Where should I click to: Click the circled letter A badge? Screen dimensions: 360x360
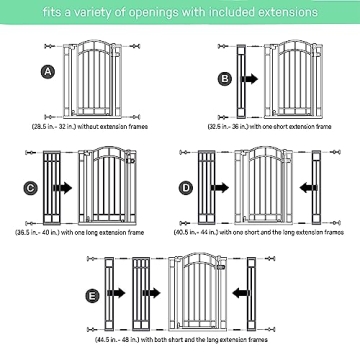coord(47,71)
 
